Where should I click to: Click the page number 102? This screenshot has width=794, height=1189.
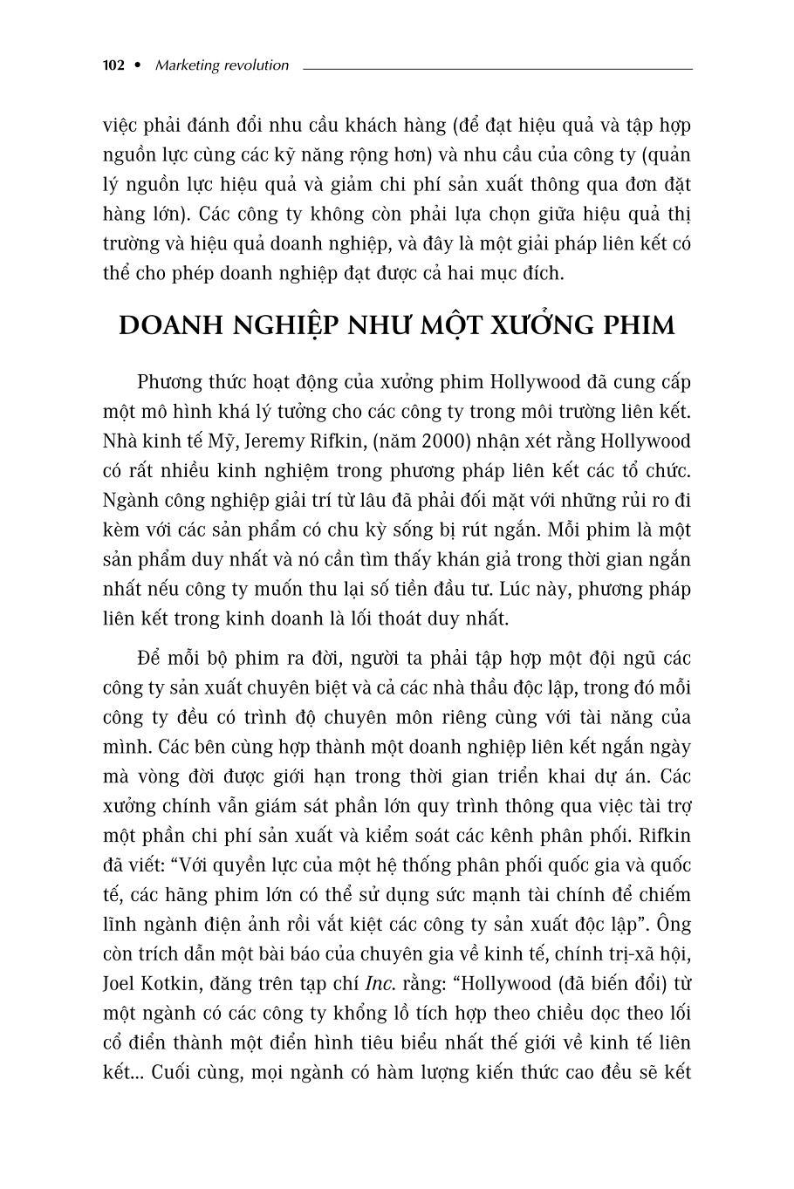113,65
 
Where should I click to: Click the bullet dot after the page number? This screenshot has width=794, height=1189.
137,65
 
